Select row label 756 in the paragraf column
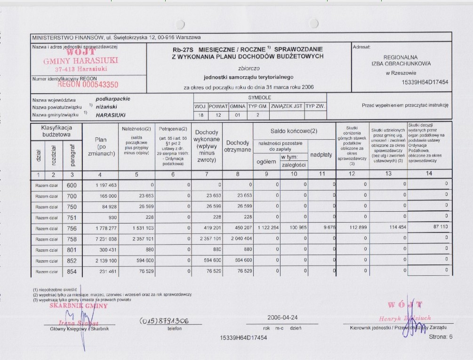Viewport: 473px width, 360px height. click(72, 229)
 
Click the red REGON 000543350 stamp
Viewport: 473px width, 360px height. click(88, 85)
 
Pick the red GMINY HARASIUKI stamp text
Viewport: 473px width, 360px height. click(80, 61)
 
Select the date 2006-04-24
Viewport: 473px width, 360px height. click(282, 317)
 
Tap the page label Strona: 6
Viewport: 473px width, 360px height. click(440, 336)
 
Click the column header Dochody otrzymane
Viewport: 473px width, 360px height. click(237, 146)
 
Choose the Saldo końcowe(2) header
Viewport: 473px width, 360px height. click(293, 131)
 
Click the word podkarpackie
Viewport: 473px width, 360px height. click(112, 99)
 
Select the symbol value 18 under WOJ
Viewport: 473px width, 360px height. click(201, 115)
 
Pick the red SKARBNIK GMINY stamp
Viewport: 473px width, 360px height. click(79, 305)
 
